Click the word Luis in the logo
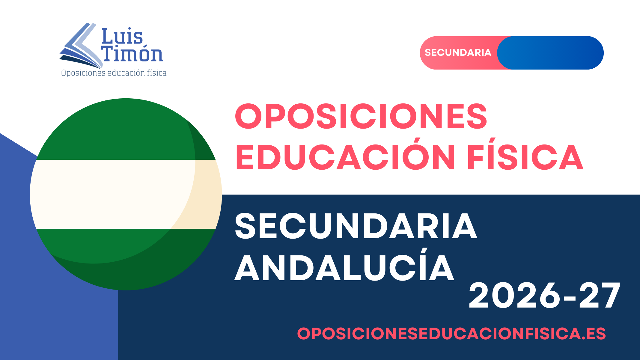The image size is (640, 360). coord(122,36)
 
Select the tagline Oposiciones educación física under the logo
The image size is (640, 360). coord(114,73)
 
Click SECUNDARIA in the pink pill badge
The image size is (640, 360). coord(458,52)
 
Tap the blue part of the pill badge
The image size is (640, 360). coord(550,53)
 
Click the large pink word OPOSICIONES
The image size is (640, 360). coord(361,116)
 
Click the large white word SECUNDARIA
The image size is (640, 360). coord(356,226)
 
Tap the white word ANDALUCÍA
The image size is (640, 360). coord(344,264)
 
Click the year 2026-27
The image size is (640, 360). coord(544,296)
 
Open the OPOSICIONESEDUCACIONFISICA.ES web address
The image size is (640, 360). coord(451,334)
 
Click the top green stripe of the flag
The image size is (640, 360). coord(126,129)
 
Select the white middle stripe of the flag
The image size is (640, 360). coord(126,194)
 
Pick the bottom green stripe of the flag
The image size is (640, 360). coord(126,259)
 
